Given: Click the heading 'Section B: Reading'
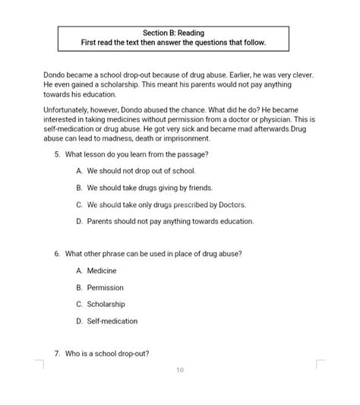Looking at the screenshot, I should pyautogui.click(x=173, y=33).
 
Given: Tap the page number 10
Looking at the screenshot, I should pyautogui.click(x=180, y=370).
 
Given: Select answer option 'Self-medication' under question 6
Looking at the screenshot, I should pyautogui.click(x=112, y=321).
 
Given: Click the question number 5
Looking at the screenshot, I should pyautogui.click(x=57, y=154).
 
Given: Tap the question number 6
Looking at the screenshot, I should pyautogui.click(x=57, y=253).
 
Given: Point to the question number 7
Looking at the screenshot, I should pyautogui.click(x=57, y=353).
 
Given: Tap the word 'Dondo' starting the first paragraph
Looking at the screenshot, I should pyautogui.click(x=55, y=76).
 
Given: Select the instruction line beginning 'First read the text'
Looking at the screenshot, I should pyautogui.click(x=173, y=43).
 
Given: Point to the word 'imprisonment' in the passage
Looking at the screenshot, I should pyautogui.click(x=166, y=139).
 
